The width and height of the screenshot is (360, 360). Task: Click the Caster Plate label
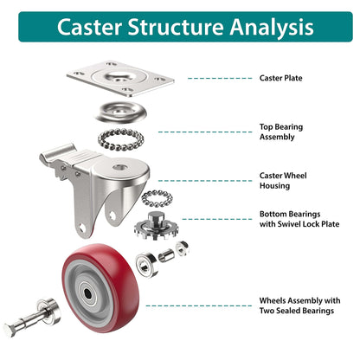[281, 78]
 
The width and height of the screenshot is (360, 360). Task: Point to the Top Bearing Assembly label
[282, 132]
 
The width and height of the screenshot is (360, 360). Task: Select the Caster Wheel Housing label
[283, 180]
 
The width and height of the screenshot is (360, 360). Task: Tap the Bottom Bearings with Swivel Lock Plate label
[299, 219]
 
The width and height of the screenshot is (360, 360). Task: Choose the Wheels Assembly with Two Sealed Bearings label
[299, 305]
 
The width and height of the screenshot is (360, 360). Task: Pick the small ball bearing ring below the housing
[157, 198]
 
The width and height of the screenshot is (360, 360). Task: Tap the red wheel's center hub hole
[90, 292]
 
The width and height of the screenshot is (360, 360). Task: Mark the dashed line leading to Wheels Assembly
[199, 305]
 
